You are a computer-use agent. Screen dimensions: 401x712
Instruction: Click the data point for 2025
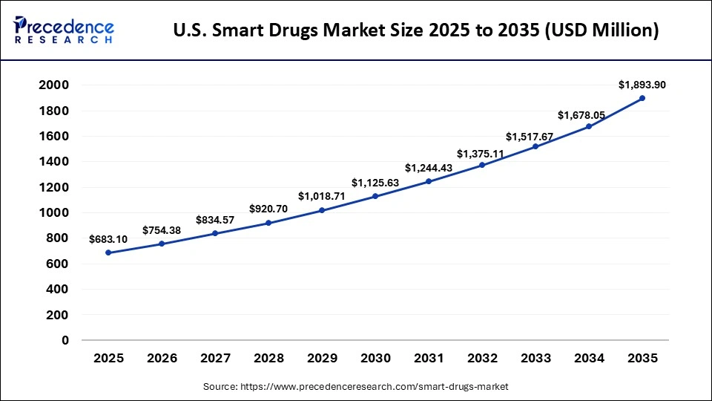(109, 252)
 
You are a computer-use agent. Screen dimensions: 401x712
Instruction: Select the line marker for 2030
(375, 196)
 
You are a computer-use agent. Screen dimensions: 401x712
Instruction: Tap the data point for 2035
(642, 98)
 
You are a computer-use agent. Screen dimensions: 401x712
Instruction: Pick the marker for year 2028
(268, 223)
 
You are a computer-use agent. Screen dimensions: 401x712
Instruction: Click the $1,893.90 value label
(642, 85)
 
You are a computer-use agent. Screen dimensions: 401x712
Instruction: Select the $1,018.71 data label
(322, 196)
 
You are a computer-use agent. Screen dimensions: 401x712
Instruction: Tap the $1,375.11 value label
(482, 154)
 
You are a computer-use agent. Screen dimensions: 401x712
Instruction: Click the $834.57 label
(216, 220)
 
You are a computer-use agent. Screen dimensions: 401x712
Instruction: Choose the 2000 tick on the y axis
(54, 85)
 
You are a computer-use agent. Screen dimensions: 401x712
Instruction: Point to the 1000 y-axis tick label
(54, 213)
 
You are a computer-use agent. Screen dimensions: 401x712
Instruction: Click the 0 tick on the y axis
(65, 340)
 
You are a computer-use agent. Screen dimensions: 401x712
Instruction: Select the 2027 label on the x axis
(216, 359)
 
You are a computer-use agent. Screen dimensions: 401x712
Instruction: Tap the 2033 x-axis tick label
(535, 359)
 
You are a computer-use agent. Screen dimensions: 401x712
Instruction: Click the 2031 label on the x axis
(429, 359)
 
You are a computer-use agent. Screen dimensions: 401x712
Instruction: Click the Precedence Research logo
(64, 30)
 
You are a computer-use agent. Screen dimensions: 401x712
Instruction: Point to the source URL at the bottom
(355, 387)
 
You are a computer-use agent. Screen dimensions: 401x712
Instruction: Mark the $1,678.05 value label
(589, 114)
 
